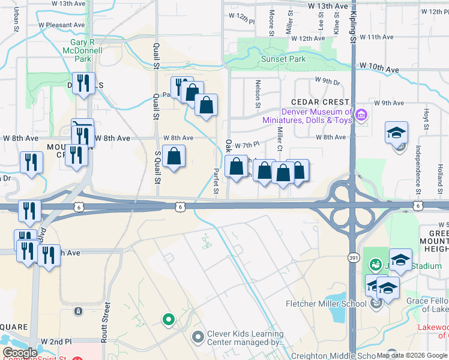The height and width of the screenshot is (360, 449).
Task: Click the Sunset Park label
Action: click(x=283, y=59)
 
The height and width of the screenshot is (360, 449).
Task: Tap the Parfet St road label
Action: click(x=215, y=181)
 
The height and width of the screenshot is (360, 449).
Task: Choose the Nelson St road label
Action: click(x=258, y=94)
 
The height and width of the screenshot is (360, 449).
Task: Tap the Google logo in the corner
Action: click(x=20, y=353)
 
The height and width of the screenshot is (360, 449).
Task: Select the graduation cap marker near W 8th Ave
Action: click(x=396, y=133)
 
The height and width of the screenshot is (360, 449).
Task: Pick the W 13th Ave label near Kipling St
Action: click(x=327, y=6)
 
